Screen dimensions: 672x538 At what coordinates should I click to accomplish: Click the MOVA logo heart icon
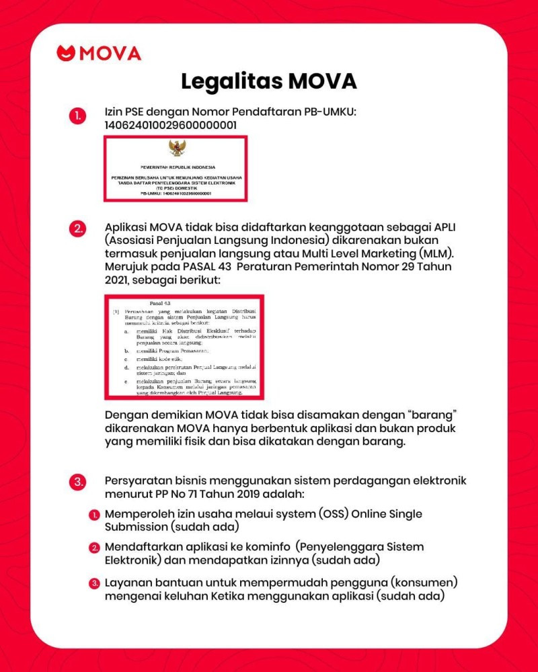tap(66, 53)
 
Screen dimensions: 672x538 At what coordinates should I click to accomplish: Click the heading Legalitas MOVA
tap(268, 81)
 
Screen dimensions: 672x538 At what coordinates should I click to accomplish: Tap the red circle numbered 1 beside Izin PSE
tap(78, 116)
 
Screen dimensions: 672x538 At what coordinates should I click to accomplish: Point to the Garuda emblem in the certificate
tap(176, 149)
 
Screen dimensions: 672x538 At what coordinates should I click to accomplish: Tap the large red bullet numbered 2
tap(78, 228)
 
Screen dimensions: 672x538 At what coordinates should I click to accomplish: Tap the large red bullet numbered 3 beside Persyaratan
tap(78, 481)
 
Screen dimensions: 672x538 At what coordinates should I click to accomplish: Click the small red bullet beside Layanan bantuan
tap(95, 583)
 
